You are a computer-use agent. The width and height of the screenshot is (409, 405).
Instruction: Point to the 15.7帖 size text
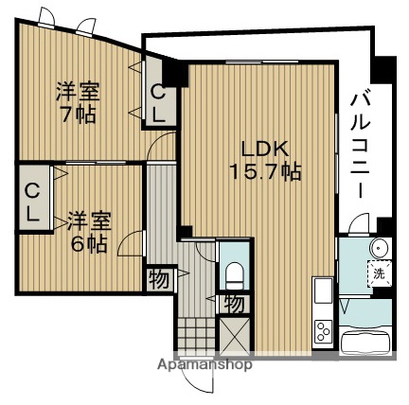point(262,173)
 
